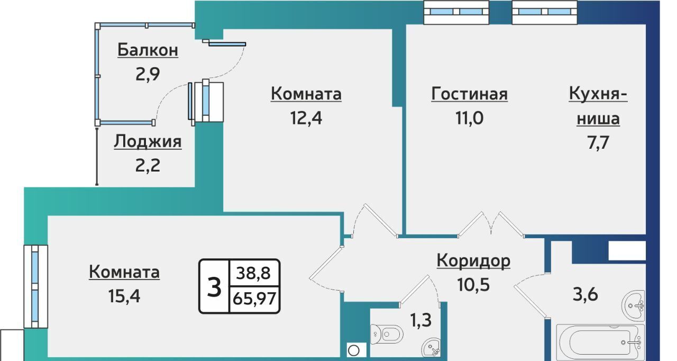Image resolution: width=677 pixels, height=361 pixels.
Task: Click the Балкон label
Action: click(x=148, y=50)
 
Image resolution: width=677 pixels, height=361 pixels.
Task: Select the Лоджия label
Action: click(x=148, y=141)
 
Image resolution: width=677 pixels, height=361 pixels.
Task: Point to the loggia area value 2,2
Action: click(x=148, y=166)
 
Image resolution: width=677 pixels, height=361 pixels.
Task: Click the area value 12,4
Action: click(x=306, y=118)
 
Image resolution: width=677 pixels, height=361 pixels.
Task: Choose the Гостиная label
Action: click(x=469, y=94)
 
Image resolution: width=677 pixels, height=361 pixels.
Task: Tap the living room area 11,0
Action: click(x=469, y=118)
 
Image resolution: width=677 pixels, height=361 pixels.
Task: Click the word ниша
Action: click(x=598, y=119)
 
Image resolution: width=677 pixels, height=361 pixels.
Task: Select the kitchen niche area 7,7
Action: click(x=598, y=143)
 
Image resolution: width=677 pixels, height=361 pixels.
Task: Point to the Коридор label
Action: click(x=473, y=260)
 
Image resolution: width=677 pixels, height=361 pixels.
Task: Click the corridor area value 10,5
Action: click(x=473, y=285)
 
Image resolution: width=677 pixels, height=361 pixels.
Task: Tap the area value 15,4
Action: click(x=124, y=296)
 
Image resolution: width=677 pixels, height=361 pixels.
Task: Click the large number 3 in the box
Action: click(x=214, y=287)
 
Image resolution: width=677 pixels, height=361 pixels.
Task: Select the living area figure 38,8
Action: click(x=253, y=273)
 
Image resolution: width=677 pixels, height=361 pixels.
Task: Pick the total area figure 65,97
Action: click(x=254, y=299)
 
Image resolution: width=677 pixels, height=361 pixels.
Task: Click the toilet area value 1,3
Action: click(x=420, y=320)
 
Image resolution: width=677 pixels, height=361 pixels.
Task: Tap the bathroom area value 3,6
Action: click(x=585, y=294)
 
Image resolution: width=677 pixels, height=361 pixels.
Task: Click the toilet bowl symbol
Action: click(x=387, y=335)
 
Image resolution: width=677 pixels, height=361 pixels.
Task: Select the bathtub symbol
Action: click(x=600, y=342)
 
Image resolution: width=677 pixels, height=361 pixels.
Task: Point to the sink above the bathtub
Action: click(x=634, y=305)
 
